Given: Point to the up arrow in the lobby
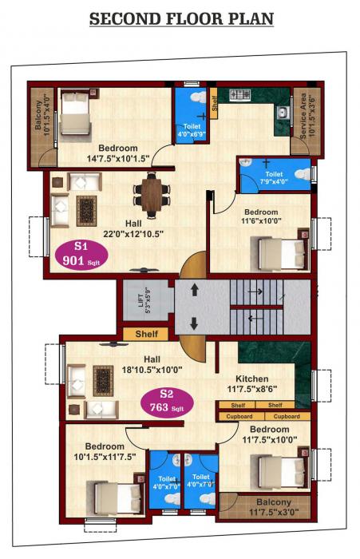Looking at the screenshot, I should tap(192, 291).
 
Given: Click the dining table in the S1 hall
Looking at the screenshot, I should tap(152, 192).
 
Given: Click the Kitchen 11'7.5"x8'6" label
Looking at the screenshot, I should tap(251, 384).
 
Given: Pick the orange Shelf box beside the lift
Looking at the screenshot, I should tap(146, 334).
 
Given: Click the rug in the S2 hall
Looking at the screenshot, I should tap(105, 379).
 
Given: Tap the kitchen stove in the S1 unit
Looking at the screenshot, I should tap(240, 95).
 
